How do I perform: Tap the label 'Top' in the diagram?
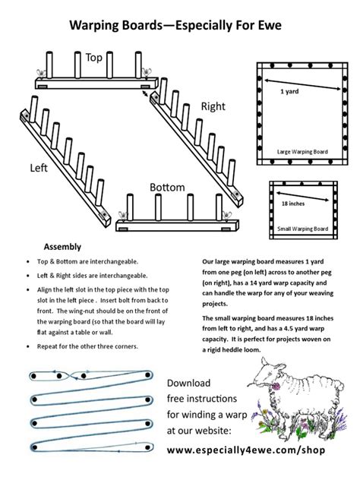pos(94,58)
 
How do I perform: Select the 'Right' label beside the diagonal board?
pos(213,107)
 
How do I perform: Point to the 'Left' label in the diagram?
pos(39,167)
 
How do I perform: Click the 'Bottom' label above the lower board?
pos(167,187)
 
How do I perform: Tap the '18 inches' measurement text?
pos(293,204)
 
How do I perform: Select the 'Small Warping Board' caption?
pos(302,229)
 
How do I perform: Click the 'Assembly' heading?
pos(62,248)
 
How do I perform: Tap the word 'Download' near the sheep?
pos(189,383)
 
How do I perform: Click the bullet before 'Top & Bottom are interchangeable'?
pos(30,262)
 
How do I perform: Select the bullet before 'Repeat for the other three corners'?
pos(30,346)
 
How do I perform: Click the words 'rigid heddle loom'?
pos(236,351)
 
